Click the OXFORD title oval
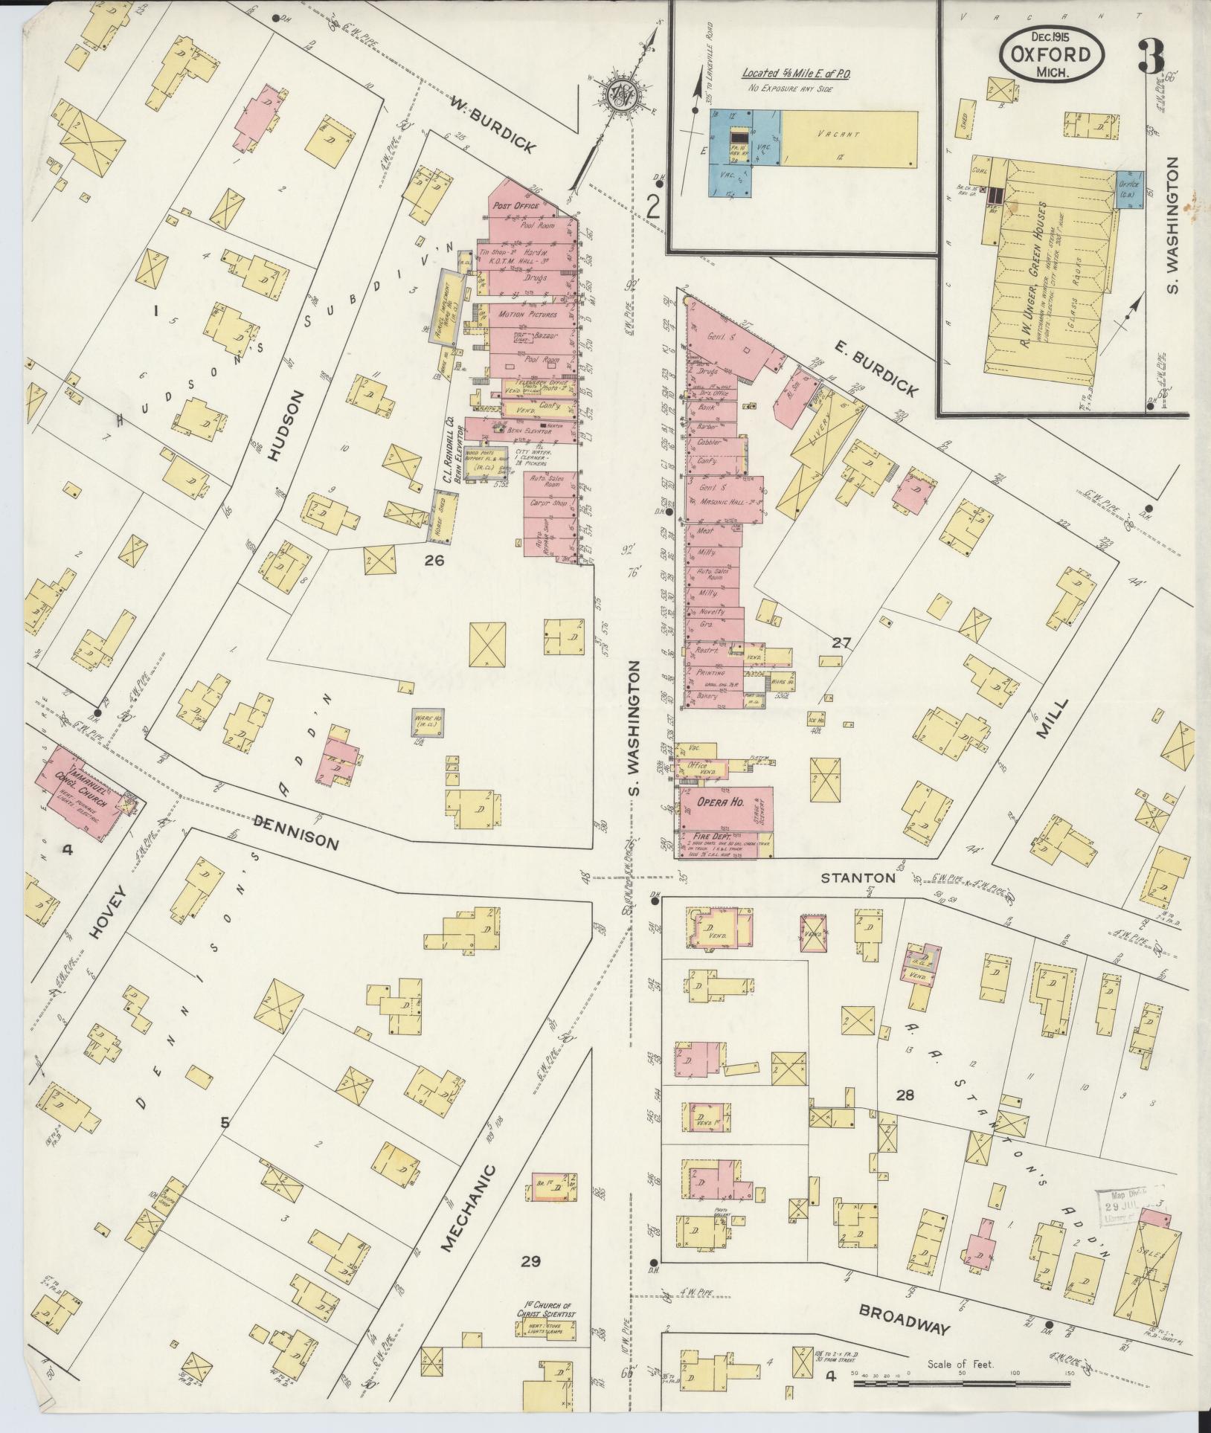point(1051,55)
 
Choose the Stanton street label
point(858,878)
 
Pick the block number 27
point(841,643)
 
